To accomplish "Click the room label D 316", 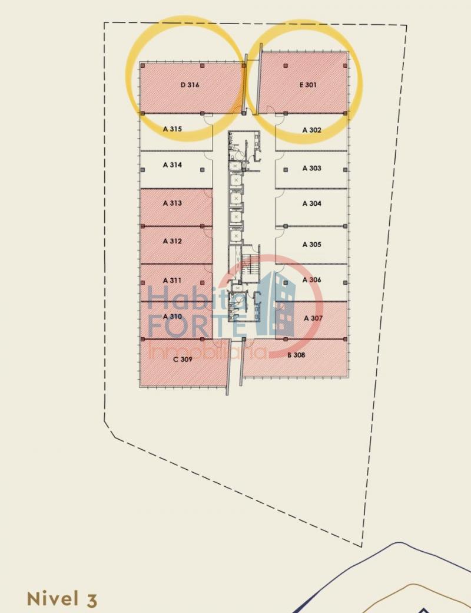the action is point(190,85).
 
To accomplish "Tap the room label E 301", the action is point(308,85).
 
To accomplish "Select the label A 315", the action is point(173,129).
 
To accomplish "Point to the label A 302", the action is point(311,130).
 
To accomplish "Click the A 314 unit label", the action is point(173,165).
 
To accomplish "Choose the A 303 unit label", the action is point(311,168).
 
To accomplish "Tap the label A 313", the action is point(173,203).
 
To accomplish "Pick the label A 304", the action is point(311,203).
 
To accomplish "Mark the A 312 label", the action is point(173,241).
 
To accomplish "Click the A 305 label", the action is point(311,245).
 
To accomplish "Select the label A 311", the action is point(173,281).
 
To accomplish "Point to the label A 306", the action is point(311,279).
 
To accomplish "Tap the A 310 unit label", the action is point(173,317).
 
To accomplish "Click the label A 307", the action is point(313,318).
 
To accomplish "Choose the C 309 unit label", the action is point(183,359).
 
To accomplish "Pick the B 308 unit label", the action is point(296,355).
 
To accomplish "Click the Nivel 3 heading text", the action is point(62,599).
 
